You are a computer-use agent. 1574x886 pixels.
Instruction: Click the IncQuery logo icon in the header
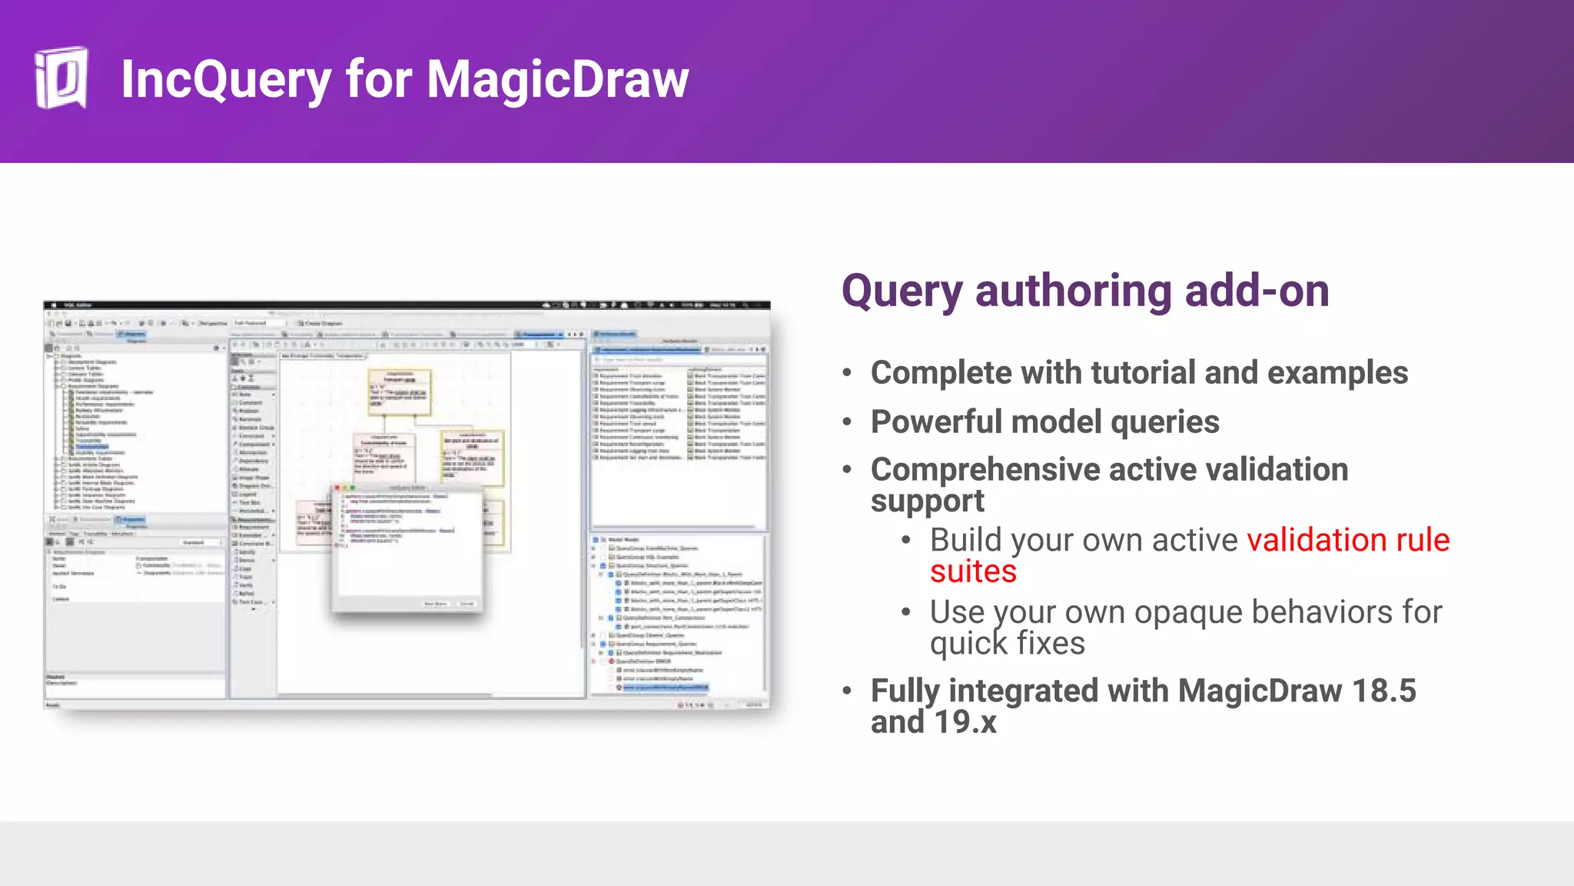61,78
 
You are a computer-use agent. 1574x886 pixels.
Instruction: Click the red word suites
973,572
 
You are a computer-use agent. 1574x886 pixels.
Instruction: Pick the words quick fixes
1007,644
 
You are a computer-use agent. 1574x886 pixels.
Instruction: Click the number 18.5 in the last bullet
1383,691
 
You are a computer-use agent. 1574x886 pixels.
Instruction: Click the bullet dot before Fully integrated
847,691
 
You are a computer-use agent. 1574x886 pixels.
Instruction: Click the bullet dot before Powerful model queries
847,422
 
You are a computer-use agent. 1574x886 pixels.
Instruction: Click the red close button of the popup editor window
337,488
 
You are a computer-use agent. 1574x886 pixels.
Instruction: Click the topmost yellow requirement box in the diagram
400,391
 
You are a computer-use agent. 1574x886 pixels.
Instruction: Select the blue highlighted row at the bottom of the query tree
665,687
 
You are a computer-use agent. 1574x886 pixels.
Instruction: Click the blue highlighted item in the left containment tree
92,446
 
